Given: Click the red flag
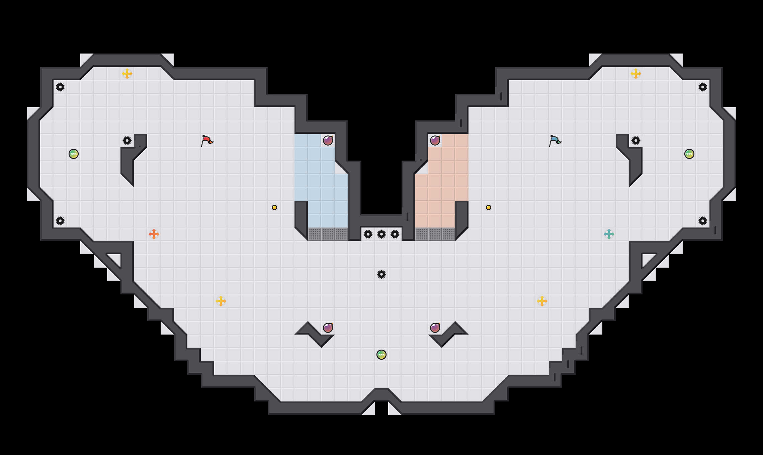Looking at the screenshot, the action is tap(207, 141).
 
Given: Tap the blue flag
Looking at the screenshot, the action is tap(555, 141).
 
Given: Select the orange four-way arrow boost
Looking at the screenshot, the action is tap(154, 234).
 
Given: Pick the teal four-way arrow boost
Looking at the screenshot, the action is tap(609, 234).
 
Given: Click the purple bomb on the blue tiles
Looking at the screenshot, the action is tap(328, 141).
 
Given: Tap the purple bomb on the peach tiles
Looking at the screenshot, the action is tap(435, 141).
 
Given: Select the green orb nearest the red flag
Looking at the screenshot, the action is tap(74, 154).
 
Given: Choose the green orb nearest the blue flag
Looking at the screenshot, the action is tap(689, 154).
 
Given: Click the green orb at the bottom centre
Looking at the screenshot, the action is tap(381, 355).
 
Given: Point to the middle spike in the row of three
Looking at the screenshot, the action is tap(381, 234).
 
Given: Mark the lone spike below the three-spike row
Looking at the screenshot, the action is tap(381, 274).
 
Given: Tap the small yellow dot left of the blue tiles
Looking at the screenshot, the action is tap(274, 207).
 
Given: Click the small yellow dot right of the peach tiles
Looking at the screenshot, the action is tap(489, 207).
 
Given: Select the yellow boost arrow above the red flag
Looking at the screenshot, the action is tap(127, 74).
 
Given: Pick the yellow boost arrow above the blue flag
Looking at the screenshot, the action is tap(636, 74).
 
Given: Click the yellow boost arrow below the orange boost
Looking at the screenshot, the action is tap(221, 301).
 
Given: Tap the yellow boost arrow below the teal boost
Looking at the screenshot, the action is tap(542, 301).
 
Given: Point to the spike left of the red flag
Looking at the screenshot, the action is tap(127, 141).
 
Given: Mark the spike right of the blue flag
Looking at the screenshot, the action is tap(636, 141).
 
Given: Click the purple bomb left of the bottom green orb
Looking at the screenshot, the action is tap(328, 328).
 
